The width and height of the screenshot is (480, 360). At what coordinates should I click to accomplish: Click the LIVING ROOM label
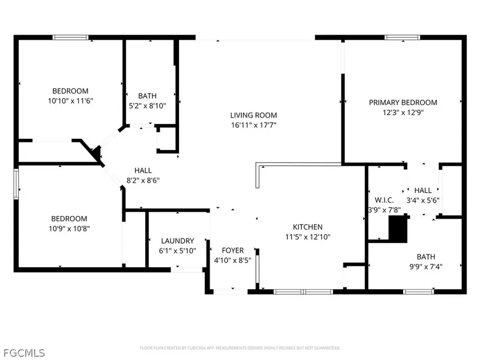253,115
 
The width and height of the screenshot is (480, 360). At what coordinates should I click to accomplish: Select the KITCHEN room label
307,227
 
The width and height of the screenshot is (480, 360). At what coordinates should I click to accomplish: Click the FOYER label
233,250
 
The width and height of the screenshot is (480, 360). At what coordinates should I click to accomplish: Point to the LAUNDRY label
177,241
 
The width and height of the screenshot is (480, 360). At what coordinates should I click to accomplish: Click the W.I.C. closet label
384,200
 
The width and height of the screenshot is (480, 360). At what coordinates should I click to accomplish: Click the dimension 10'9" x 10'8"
69,228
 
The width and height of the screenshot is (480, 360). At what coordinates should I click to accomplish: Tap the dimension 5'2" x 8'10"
147,106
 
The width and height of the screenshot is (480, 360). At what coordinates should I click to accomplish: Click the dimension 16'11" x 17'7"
253,125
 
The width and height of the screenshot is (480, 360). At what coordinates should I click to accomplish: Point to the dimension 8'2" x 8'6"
143,180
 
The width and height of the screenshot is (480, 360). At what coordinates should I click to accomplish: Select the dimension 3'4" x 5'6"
423,200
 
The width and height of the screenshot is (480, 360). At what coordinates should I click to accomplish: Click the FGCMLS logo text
23,353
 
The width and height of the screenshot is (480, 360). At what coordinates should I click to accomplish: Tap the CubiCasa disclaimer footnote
240,348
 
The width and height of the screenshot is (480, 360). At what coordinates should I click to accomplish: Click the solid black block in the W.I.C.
397,229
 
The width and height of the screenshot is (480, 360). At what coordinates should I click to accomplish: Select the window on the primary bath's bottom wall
418,291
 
